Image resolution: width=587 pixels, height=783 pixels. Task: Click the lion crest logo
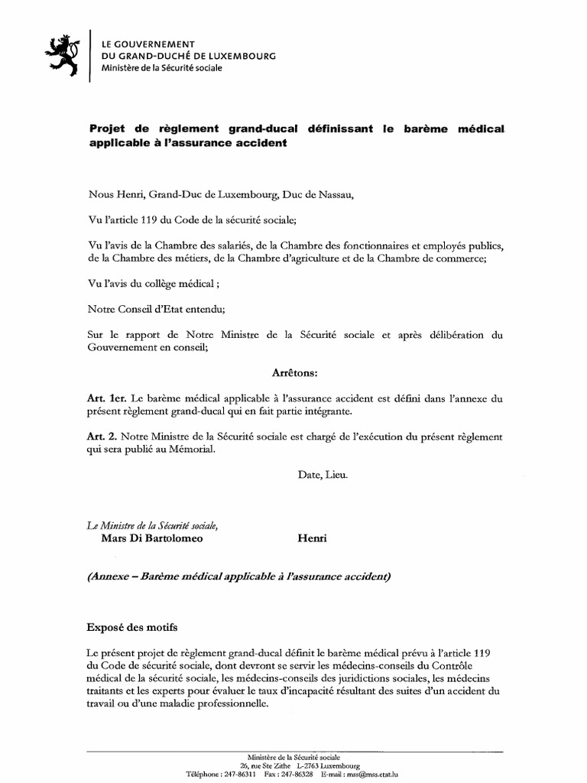click(x=63, y=55)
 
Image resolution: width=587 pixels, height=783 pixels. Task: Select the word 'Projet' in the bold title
click(x=108, y=128)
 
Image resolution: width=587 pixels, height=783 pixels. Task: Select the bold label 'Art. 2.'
click(x=103, y=437)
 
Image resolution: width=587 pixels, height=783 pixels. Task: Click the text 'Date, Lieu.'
click(x=323, y=475)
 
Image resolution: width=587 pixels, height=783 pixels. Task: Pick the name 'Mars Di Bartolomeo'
click(x=153, y=538)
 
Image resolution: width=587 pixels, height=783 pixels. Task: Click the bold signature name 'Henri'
click(x=311, y=538)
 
